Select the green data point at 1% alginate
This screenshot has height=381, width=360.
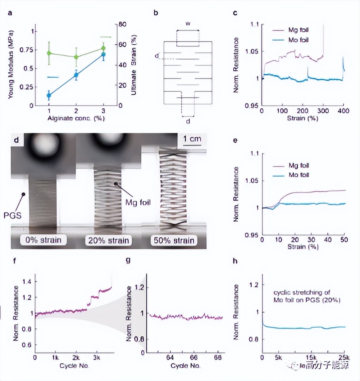click(49, 53)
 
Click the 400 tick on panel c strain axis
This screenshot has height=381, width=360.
click(343, 111)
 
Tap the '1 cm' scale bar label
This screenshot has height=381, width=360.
click(191, 139)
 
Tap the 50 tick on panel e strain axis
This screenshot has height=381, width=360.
click(343, 241)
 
